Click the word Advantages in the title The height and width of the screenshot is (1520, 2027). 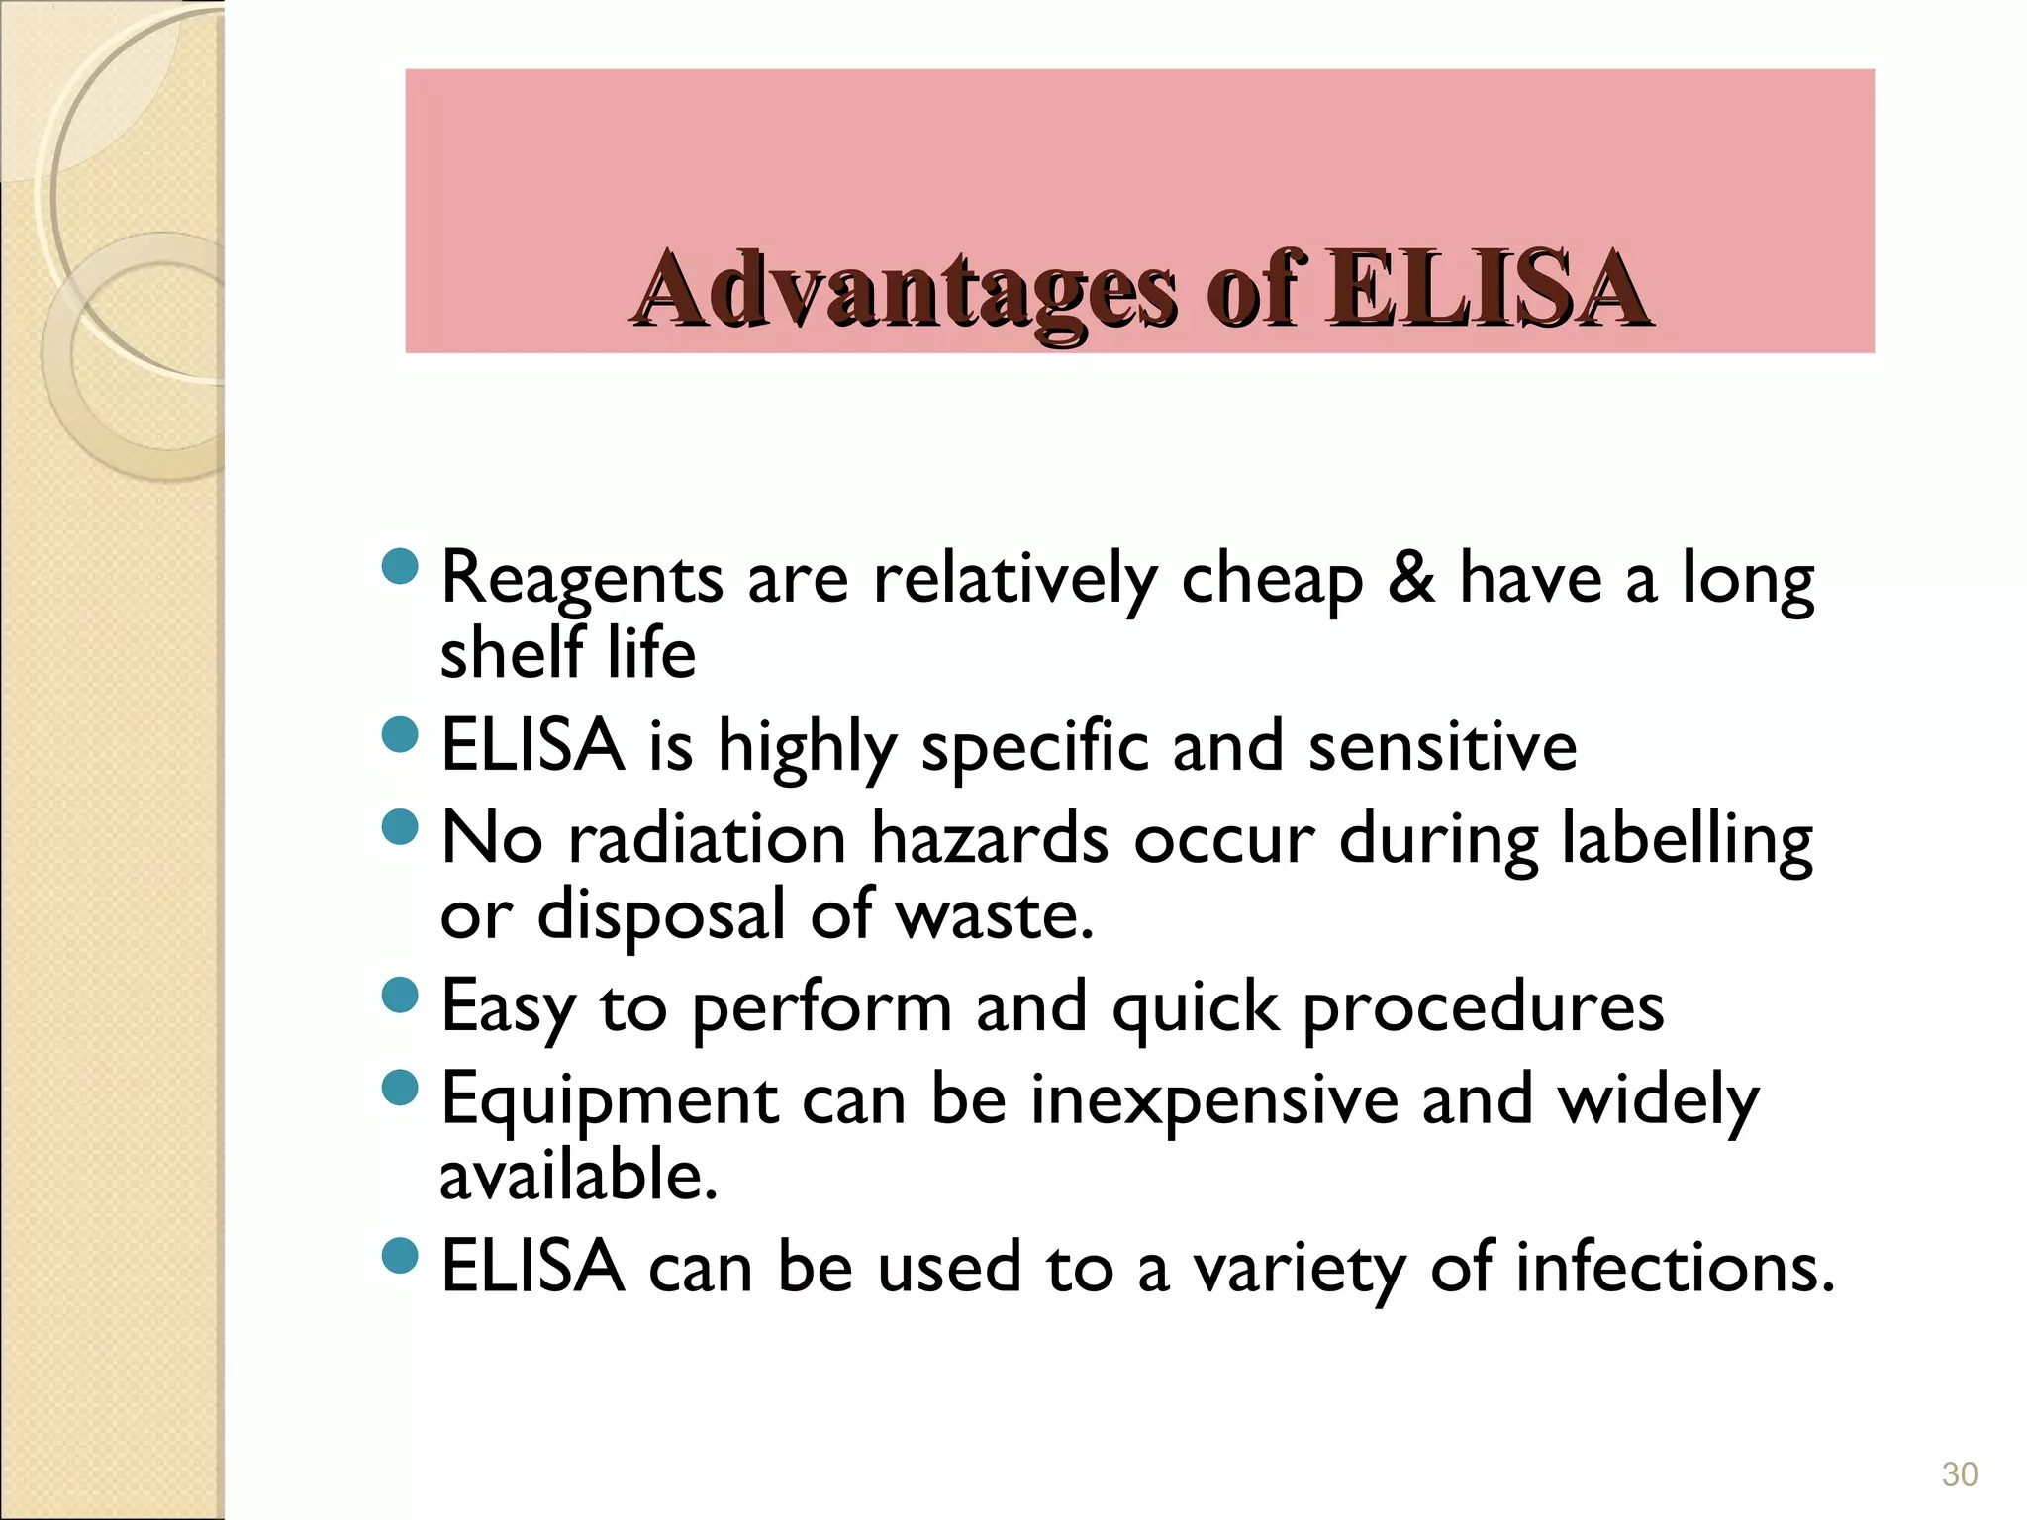[906, 289]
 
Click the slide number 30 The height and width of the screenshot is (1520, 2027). [1959, 1474]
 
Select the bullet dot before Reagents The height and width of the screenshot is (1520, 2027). [400, 567]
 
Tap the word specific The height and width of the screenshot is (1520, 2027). [1034, 747]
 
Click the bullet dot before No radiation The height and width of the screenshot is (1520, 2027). [400, 826]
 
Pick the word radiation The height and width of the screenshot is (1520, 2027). [707, 838]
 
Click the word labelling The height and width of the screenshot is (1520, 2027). [1687, 840]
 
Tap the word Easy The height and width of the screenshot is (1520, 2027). [507, 1008]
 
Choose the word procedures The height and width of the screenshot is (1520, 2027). [1483, 1008]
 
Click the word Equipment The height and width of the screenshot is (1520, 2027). [610, 1101]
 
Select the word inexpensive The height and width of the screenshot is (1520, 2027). [1214, 1099]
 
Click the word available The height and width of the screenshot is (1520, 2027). [577, 1175]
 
